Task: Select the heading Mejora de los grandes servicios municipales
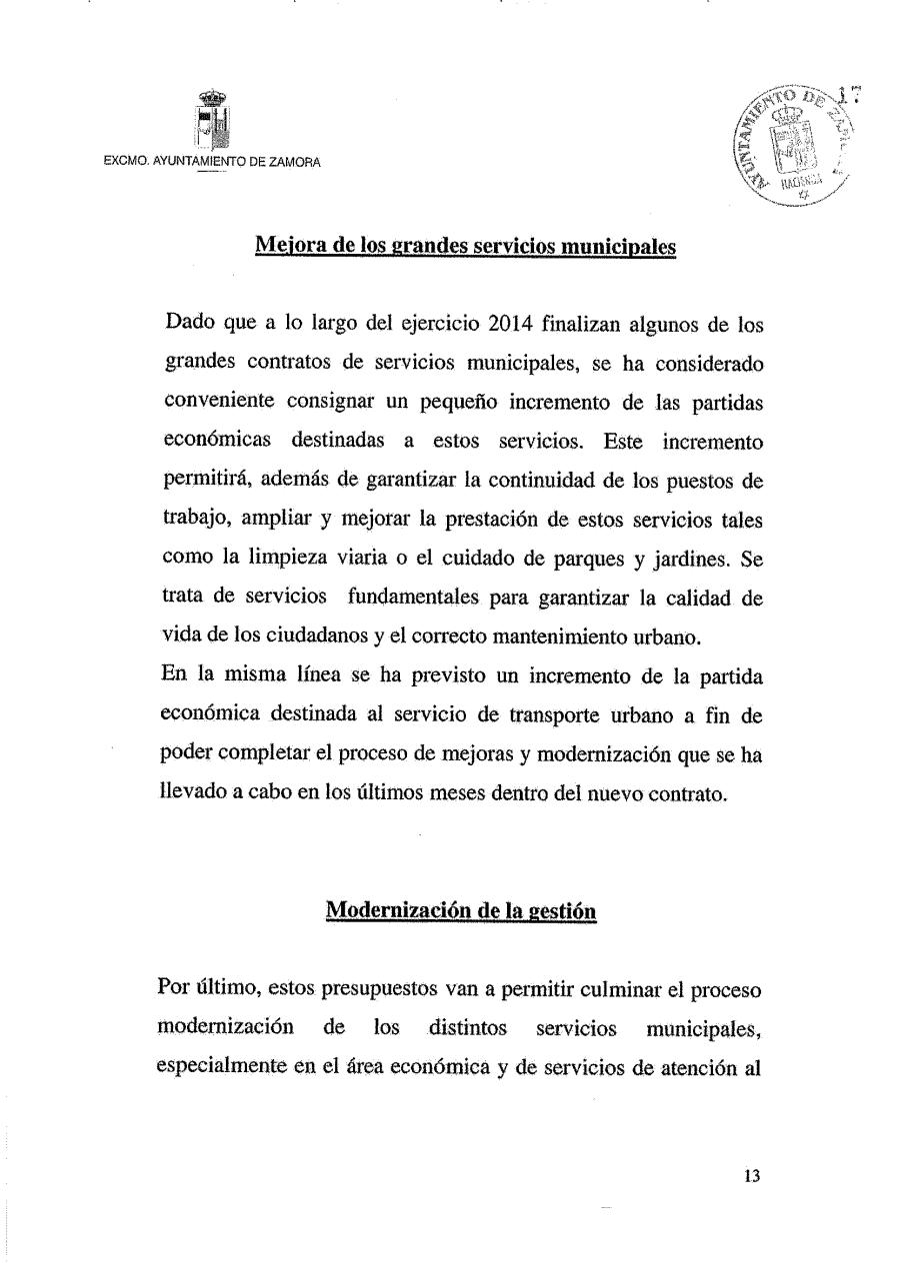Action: click(x=466, y=245)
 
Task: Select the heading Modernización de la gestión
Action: click(x=462, y=910)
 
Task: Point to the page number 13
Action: click(x=752, y=1176)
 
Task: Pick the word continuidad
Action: click(x=556, y=480)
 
